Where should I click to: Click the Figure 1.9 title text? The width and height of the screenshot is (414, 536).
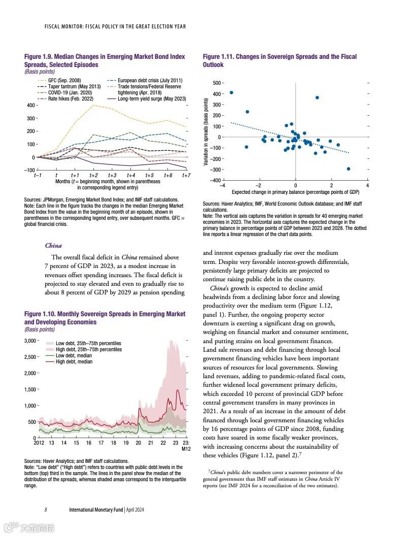104,60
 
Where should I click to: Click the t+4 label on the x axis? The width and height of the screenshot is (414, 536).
131,175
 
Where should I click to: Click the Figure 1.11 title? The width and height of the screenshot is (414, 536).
279,60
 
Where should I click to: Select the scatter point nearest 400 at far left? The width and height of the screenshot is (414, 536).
231,92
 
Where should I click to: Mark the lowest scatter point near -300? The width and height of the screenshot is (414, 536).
349,169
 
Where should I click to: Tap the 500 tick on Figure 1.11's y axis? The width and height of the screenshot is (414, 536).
217,83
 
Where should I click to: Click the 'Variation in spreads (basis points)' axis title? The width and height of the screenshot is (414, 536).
206,132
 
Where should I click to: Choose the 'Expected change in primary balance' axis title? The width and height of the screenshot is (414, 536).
295,192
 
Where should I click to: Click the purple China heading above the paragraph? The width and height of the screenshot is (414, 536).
53,246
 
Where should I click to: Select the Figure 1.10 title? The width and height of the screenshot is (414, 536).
105,318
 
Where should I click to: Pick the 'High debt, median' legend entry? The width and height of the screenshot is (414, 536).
74,361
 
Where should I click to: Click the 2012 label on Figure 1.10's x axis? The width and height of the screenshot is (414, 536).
39,443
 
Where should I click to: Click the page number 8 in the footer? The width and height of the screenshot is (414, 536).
46,510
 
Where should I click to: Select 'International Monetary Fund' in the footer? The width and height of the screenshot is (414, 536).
96,510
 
